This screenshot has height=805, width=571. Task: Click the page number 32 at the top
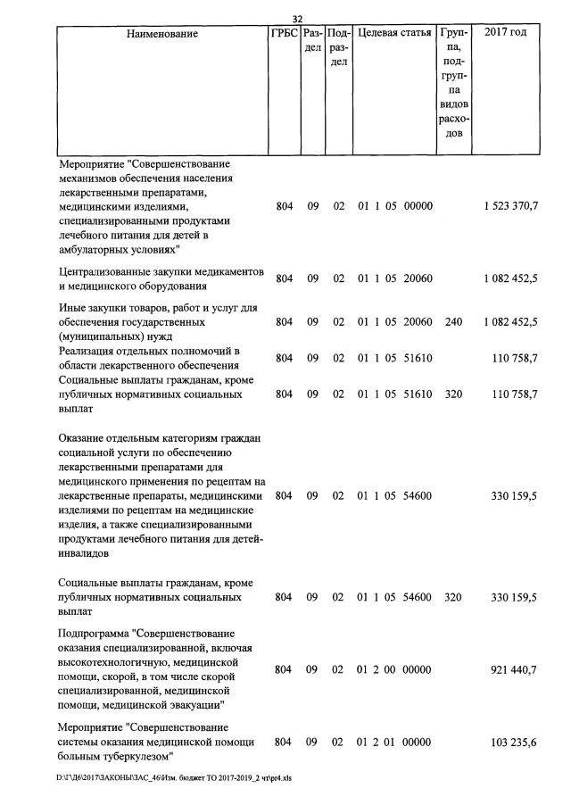click(298, 19)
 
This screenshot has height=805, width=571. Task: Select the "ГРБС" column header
click(284, 34)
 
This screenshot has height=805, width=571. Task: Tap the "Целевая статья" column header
click(394, 34)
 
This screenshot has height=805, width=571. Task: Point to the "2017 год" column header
click(505, 34)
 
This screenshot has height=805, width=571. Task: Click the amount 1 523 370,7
click(511, 206)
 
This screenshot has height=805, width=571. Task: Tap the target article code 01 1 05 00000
click(395, 206)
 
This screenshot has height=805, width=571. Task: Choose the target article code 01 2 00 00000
click(395, 668)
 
